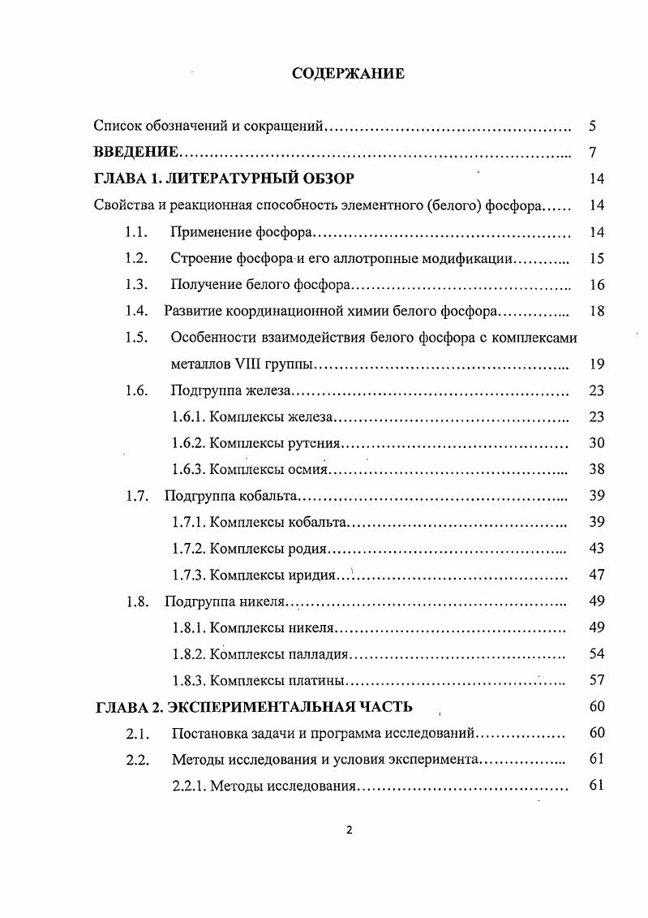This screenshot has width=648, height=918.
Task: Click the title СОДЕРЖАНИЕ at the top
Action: tap(348, 74)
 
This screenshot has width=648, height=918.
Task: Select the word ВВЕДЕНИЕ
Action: tap(135, 153)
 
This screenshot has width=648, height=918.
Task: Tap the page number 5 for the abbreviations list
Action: tap(593, 126)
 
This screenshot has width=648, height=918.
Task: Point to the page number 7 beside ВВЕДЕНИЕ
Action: tap(593, 153)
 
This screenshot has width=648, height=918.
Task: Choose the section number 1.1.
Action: tap(136, 233)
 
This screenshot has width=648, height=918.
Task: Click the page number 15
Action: tap(597, 259)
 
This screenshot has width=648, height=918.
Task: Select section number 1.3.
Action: tap(136, 285)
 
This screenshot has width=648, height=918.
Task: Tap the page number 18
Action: tap(597, 311)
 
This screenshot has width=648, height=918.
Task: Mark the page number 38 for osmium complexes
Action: tap(597, 469)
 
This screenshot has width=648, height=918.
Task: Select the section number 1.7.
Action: tap(136, 496)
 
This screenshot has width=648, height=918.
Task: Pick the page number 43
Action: tap(597, 549)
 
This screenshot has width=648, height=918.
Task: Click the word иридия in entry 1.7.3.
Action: tap(312, 575)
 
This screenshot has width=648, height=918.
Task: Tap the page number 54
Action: tap(597, 654)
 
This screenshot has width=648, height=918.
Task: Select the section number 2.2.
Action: tap(136, 760)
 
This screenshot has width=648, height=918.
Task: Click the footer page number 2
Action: tap(349, 830)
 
